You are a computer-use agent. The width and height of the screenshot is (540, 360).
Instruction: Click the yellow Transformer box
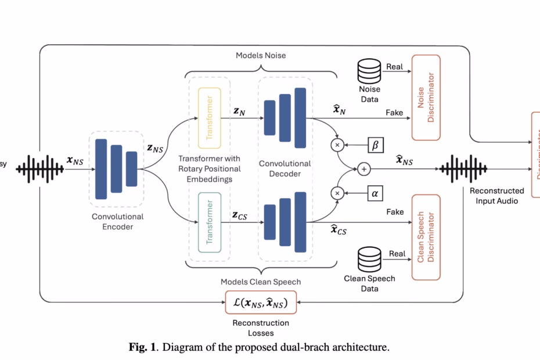(210, 118)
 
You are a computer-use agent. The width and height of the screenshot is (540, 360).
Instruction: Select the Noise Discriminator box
(426, 98)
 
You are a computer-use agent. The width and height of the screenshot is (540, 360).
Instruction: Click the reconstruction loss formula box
(261, 302)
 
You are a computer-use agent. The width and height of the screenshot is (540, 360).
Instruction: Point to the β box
(375, 145)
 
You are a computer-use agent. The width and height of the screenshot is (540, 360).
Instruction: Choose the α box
(375, 193)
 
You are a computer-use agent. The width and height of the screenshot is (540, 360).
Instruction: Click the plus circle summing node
(364, 169)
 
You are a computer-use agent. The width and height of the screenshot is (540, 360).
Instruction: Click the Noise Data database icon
(369, 71)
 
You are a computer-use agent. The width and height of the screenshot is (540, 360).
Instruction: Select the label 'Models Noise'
(261, 55)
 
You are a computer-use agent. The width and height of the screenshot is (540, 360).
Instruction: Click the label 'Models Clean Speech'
(261, 282)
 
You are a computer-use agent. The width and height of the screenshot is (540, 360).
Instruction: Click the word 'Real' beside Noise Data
(395, 67)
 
